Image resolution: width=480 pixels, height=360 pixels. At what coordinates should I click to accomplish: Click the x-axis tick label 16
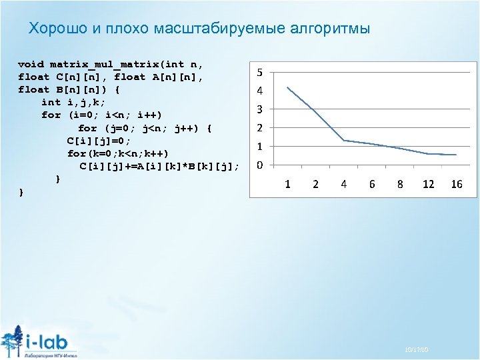[456, 184]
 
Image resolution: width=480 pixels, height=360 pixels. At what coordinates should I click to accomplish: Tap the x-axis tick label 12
[428, 184]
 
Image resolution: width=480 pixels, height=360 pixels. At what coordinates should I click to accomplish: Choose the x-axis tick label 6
[372, 184]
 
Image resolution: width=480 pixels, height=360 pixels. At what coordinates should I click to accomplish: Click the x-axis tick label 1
[287, 184]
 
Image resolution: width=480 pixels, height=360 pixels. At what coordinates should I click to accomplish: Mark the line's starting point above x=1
[287, 87]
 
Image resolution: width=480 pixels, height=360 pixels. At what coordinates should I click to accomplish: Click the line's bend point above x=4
[343, 140]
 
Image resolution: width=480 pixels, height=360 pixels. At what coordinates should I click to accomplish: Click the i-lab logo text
[51, 341]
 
